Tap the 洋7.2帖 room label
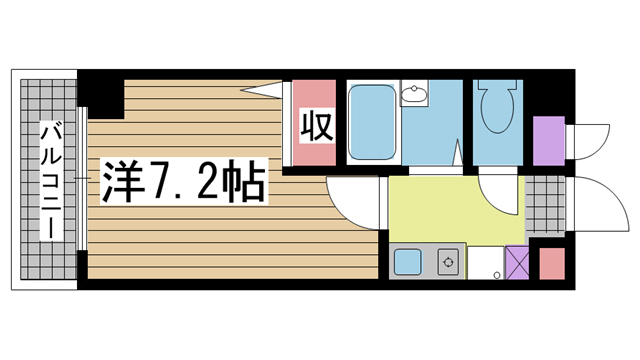click(x=180, y=182)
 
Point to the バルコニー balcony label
click(x=48, y=180)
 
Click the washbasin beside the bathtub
click(x=413, y=96)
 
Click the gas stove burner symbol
click(x=449, y=264)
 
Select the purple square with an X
click(x=517, y=264)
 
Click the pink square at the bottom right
click(x=552, y=263)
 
